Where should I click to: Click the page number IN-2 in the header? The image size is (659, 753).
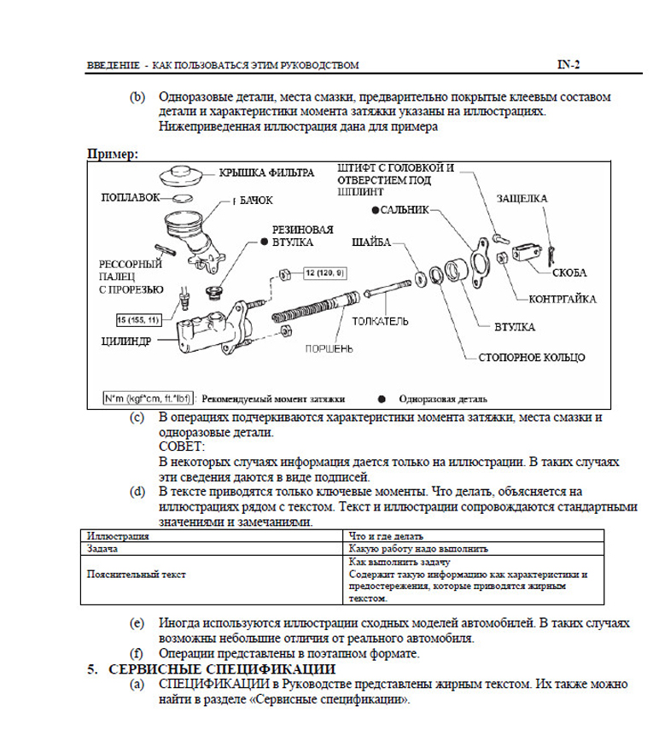click(x=569, y=64)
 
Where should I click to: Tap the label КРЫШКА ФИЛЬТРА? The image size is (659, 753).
click(x=266, y=172)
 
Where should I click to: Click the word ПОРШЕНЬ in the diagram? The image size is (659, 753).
click(x=324, y=348)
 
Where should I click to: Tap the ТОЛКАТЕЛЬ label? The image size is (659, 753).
click(x=377, y=322)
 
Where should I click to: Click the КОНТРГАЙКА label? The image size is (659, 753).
click(x=563, y=301)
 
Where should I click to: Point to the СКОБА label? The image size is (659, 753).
click(x=569, y=272)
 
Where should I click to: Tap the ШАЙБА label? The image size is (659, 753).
click(x=370, y=242)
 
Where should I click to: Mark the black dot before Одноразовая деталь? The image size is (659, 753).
click(x=382, y=399)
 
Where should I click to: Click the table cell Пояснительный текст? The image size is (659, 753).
click(x=137, y=575)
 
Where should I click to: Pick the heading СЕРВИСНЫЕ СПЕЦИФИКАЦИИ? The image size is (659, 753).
click(x=222, y=668)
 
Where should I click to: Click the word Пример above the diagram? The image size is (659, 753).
click(x=111, y=154)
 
